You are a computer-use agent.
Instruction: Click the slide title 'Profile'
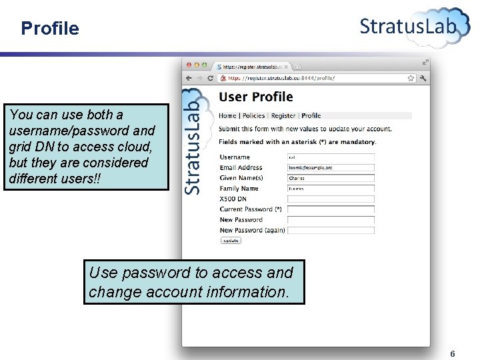49,29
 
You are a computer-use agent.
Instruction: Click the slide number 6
453,353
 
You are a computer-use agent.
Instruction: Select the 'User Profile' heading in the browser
256,97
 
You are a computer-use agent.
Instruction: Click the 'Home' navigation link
227,115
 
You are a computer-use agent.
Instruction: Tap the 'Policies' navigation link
253,115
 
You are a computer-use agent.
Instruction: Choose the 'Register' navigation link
283,115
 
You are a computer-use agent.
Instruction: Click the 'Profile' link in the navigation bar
311,115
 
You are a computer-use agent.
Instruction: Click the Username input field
331,157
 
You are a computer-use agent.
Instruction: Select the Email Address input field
331,167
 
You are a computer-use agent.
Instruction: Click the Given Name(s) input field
331,178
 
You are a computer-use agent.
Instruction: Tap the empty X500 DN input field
331,199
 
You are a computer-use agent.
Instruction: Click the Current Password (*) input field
331,209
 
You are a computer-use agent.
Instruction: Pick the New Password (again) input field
331,230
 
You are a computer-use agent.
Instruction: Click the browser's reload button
211,78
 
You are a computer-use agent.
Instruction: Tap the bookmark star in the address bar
411,78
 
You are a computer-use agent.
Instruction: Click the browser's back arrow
189,78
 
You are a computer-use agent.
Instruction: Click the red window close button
189,65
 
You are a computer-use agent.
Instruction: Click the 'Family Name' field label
239,189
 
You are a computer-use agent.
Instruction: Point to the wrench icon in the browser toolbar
423,78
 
